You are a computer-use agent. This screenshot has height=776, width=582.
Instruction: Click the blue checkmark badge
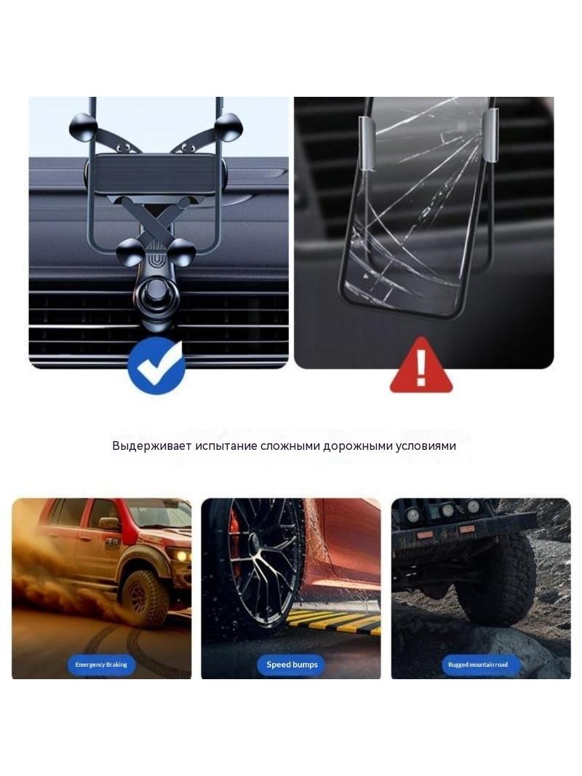pyautogui.click(x=156, y=365)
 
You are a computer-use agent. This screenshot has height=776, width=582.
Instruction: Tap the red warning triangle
pyautogui.click(x=420, y=366)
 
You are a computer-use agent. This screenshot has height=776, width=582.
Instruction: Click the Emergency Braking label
pyautogui.click(x=101, y=665)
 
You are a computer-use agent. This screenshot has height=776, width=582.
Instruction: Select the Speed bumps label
pyautogui.click(x=292, y=665)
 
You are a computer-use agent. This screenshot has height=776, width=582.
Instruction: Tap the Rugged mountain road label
pyautogui.click(x=478, y=665)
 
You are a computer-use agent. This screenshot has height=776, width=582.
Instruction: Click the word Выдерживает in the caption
pyautogui.click(x=151, y=446)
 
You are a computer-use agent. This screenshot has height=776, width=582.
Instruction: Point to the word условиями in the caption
pyautogui.click(x=426, y=446)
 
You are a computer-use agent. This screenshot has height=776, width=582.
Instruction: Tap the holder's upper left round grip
pyautogui.click(x=82, y=127)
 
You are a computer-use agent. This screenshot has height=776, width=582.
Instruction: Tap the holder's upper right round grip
pyautogui.click(x=228, y=127)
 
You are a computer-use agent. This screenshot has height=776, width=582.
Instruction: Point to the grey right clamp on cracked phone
pyautogui.click(x=490, y=137)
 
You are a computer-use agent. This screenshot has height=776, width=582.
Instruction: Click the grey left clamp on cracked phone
pyautogui.click(x=367, y=143)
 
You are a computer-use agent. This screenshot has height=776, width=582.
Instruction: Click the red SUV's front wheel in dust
pyautogui.click(x=144, y=599)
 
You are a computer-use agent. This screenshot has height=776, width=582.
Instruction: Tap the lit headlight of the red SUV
pyautogui.click(x=183, y=555)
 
